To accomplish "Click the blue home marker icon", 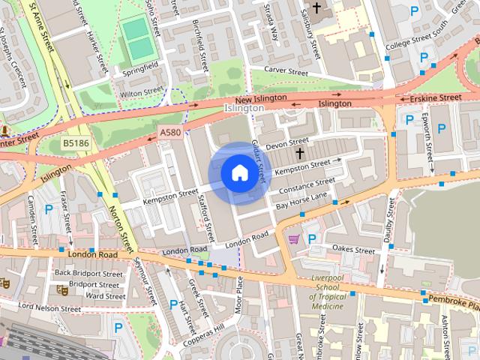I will (238, 173).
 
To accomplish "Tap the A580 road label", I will (169, 132).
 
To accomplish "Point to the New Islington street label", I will (260, 99).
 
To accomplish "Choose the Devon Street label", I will (286, 142).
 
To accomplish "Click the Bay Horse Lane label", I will (302, 200).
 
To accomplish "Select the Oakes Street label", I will (352, 247).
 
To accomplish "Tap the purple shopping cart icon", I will (294, 239).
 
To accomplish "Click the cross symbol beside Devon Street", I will (300, 153).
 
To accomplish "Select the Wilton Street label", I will (141, 91).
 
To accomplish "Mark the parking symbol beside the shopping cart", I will (313, 239).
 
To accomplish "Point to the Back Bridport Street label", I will (88, 274).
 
